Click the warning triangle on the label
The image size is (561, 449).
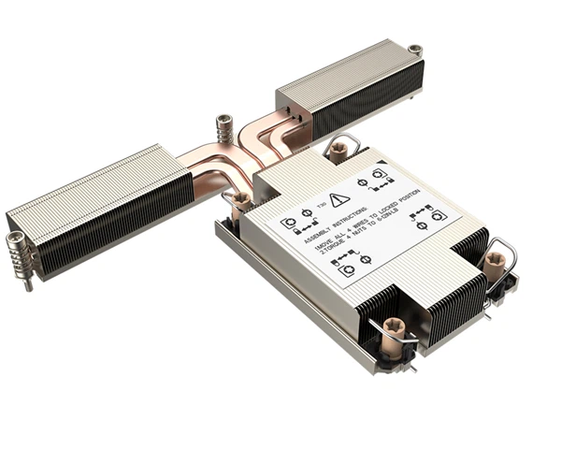(x=339, y=199)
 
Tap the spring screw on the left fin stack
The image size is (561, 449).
(x=19, y=251)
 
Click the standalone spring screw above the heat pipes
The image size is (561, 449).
(x=223, y=126)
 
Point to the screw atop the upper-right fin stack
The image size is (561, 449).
(x=414, y=50)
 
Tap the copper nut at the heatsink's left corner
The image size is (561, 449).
(x=241, y=201)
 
